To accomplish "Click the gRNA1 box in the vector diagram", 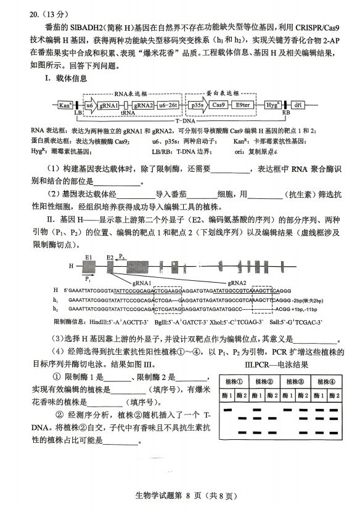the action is coord(108,105).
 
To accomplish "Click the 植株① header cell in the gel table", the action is coord(236,382).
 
